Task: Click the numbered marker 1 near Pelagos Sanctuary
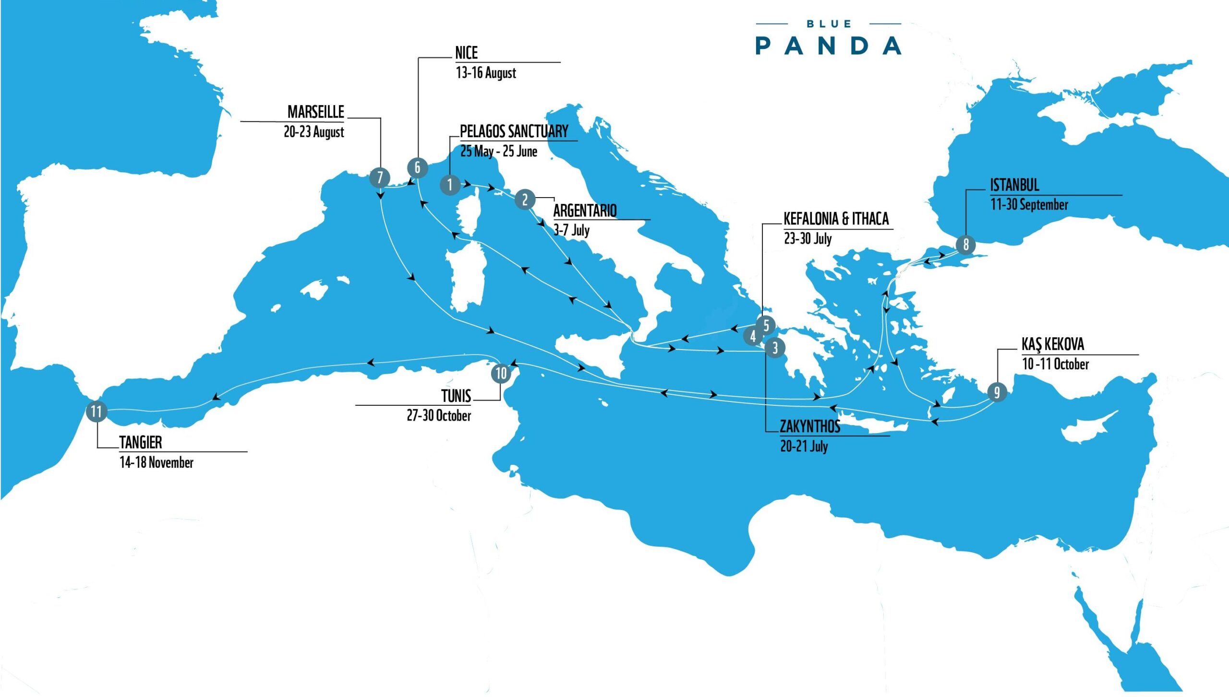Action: coord(450,185)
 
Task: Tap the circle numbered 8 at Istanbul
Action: coord(966,245)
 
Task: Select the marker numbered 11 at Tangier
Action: coord(96,412)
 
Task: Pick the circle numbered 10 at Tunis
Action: coord(501,373)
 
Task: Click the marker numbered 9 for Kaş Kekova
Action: coord(997,392)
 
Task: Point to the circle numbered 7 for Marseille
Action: coord(380,177)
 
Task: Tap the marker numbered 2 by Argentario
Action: coord(525,199)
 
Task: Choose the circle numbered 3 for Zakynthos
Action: coord(775,348)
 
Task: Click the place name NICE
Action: coord(466,53)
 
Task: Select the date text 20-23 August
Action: coord(313,132)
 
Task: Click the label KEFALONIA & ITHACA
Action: coord(836,219)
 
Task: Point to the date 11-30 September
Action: coord(1029,205)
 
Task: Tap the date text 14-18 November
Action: coord(157,462)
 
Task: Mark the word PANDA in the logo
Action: coord(828,46)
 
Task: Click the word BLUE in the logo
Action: coord(829,24)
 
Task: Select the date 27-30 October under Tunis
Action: coord(439,415)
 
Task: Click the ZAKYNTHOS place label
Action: coord(810,426)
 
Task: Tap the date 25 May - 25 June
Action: coord(499,152)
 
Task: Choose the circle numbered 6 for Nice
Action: coord(417,167)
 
